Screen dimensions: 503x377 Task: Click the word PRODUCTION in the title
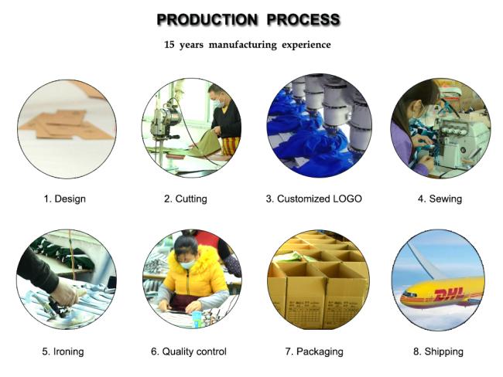point(207,19)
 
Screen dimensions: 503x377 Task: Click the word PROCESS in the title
point(303,19)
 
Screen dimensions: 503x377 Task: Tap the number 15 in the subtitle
point(169,44)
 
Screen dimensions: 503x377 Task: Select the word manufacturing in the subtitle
point(242,45)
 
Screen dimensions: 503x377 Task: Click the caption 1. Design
point(65,199)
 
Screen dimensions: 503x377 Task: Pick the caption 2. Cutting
point(186,199)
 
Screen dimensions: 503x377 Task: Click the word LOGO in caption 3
point(347,199)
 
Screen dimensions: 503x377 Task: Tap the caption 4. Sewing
point(440,199)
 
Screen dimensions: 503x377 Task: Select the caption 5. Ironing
point(63,352)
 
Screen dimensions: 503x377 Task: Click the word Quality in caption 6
point(177,352)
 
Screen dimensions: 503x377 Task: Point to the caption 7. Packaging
point(314,352)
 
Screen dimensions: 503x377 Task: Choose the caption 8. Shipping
point(438,352)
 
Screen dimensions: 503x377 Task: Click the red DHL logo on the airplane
point(449,294)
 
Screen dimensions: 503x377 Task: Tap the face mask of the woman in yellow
point(188,264)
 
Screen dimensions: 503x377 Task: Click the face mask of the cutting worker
point(219,104)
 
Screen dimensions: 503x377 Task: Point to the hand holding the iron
point(64,292)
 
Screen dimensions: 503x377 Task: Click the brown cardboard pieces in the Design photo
point(68,124)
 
